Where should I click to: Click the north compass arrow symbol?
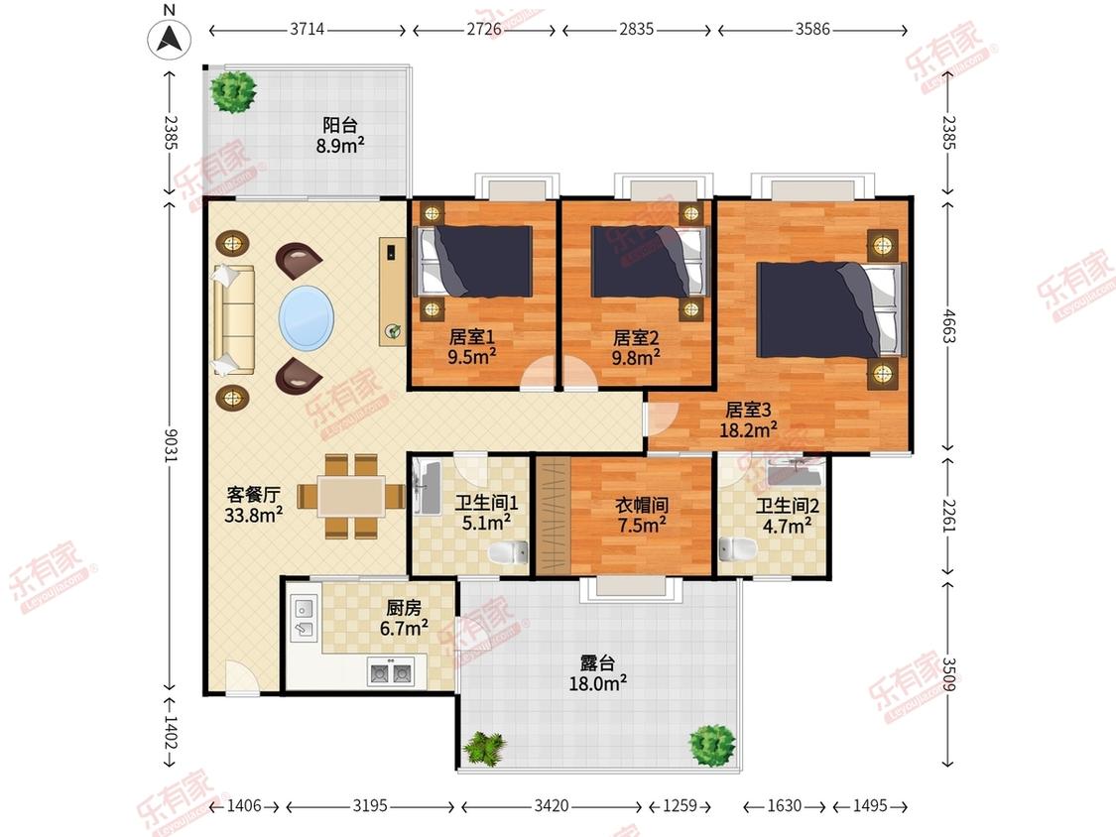(170, 39)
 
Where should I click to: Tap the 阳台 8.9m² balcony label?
(340, 136)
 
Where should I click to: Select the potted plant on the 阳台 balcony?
(233, 90)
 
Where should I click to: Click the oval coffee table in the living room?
(307, 317)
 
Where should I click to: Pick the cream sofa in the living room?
(233, 319)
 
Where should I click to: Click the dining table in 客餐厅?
(351, 496)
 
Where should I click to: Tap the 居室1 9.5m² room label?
(472, 346)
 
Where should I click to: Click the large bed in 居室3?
(830, 309)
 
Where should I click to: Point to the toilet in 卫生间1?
(508, 550)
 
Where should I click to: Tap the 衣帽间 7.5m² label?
(641, 516)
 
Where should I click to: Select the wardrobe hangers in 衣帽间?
(553, 516)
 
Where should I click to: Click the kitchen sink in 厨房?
(305, 619)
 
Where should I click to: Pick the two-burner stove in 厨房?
(391, 671)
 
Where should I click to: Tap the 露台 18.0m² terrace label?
(598, 673)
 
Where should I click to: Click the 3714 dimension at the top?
(308, 29)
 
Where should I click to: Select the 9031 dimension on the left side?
(170, 445)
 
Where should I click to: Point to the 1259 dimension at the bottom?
(680, 805)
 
